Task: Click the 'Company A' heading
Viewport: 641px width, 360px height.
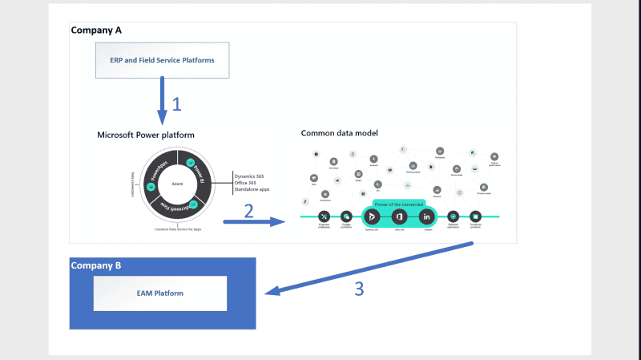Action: tap(96, 30)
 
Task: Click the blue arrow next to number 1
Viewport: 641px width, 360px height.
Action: tap(163, 100)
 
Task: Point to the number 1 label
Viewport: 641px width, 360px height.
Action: tap(177, 103)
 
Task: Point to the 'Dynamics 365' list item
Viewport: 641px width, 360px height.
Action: tap(250, 176)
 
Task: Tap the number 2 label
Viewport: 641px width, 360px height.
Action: tap(249, 211)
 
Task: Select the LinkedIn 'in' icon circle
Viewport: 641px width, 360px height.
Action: tap(427, 216)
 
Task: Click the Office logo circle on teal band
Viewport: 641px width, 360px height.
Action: tap(399, 216)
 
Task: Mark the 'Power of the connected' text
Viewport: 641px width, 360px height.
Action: tap(399, 204)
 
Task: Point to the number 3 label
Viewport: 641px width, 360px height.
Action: tap(359, 289)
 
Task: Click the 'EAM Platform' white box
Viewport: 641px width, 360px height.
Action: tap(159, 293)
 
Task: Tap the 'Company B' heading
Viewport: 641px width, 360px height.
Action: tap(96, 265)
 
